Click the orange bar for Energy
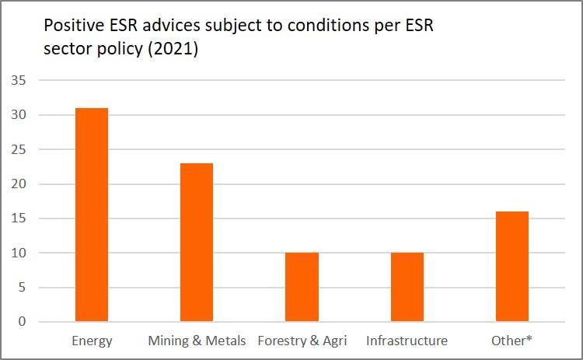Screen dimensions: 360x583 pos(92,215)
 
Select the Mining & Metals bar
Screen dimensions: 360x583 pos(197,242)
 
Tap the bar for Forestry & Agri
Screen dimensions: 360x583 pos(302,287)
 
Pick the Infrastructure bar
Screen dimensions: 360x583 pos(407,287)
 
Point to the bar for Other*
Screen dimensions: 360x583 pos(512,266)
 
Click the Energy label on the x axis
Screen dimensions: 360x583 pos(92,341)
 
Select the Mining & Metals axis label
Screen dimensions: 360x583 pos(197,341)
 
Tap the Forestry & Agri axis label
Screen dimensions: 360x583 pos(302,341)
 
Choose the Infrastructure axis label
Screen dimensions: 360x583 pos(407,341)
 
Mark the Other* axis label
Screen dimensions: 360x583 pos(512,341)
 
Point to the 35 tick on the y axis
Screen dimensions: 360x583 pos(19,81)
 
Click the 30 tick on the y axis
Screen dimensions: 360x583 pos(19,115)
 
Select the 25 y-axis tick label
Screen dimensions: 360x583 pos(19,149)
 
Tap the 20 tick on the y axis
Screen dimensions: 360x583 pos(19,184)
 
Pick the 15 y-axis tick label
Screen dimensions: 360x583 pos(19,218)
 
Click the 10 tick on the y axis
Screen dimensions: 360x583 pos(19,253)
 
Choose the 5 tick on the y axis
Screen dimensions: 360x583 pos(23,287)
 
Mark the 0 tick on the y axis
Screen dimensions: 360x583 pos(23,322)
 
